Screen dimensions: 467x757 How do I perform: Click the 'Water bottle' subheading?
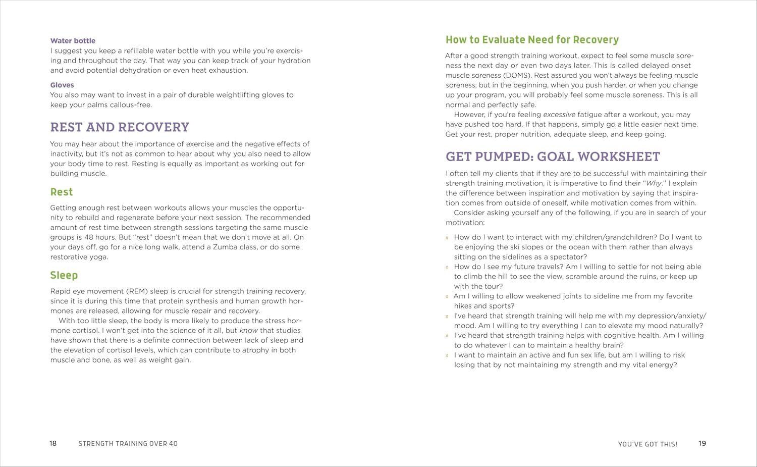point(73,41)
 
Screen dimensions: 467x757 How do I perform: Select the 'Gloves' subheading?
point(62,85)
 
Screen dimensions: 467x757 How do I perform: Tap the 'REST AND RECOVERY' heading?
point(120,127)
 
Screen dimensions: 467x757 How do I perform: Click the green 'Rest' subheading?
point(62,192)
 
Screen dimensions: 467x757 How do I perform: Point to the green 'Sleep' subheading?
point(64,276)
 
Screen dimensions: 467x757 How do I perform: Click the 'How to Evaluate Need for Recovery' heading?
point(532,40)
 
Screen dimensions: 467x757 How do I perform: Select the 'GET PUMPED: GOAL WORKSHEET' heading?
point(553,157)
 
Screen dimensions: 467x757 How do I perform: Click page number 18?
point(53,444)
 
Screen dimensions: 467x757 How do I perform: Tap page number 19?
point(702,444)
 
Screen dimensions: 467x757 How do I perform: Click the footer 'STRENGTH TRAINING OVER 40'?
point(128,444)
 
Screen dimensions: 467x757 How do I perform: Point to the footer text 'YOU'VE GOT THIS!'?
point(648,444)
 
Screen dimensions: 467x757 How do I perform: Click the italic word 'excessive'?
point(559,115)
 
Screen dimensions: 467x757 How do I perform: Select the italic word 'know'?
point(248,331)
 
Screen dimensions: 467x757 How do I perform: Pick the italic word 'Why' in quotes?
point(654,183)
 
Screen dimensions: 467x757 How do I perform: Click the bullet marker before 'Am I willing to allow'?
point(447,297)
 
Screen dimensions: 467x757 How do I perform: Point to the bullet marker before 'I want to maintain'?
point(447,356)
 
